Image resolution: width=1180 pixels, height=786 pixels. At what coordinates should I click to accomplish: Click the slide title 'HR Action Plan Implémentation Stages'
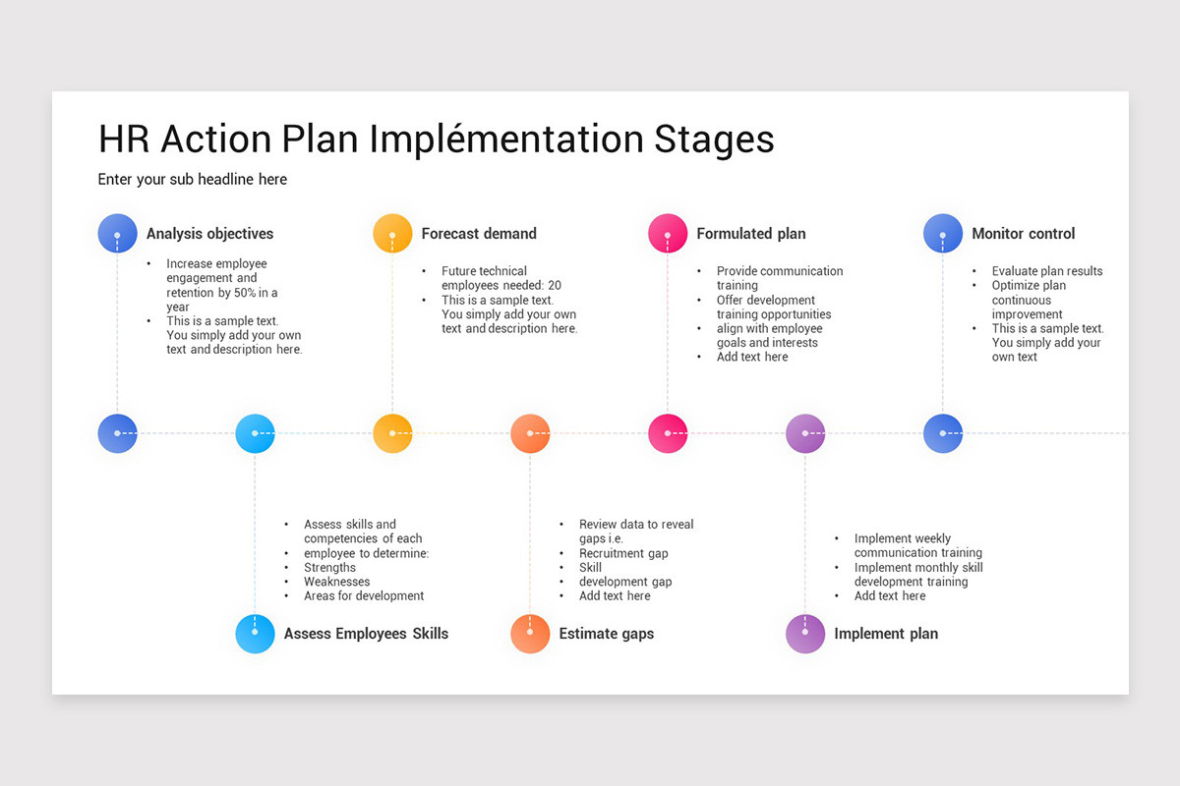[x=436, y=140]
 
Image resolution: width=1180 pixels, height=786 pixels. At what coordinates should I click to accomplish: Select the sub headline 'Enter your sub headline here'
[x=193, y=180]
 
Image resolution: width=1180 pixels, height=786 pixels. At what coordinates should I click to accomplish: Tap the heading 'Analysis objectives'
[x=209, y=234]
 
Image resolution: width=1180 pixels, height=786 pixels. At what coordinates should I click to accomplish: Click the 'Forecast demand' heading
[x=479, y=234]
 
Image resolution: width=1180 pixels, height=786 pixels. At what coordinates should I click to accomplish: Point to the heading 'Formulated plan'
[x=750, y=234]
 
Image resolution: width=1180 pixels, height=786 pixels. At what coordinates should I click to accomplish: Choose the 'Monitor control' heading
[x=1023, y=234]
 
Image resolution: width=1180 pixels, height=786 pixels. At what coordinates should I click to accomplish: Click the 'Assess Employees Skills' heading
[x=366, y=634]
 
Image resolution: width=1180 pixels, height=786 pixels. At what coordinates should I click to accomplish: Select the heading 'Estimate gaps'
[x=606, y=634]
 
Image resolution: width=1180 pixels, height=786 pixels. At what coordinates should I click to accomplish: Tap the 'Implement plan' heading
[x=885, y=634]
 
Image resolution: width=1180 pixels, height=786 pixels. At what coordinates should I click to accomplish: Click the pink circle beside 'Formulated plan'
[x=668, y=234]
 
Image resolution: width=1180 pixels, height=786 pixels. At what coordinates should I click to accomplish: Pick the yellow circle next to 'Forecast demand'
[x=392, y=234]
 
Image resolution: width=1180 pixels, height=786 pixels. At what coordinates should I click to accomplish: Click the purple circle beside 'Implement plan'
[x=805, y=634]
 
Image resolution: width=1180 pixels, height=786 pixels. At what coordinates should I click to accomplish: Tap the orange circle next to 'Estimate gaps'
[x=530, y=634]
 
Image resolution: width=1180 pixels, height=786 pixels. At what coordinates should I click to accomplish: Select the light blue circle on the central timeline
[x=255, y=433]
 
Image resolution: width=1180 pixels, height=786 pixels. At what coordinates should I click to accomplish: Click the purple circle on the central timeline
[x=805, y=433]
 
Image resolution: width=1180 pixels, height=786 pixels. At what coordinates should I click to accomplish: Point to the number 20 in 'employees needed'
[x=555, y=286]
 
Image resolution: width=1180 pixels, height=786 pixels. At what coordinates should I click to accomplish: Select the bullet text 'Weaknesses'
[x=336, y=582]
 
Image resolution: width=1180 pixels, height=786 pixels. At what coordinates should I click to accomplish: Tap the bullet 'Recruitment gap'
[x=623, y=553]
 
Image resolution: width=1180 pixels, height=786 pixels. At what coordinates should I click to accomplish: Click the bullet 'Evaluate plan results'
[x=1047, y=271]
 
